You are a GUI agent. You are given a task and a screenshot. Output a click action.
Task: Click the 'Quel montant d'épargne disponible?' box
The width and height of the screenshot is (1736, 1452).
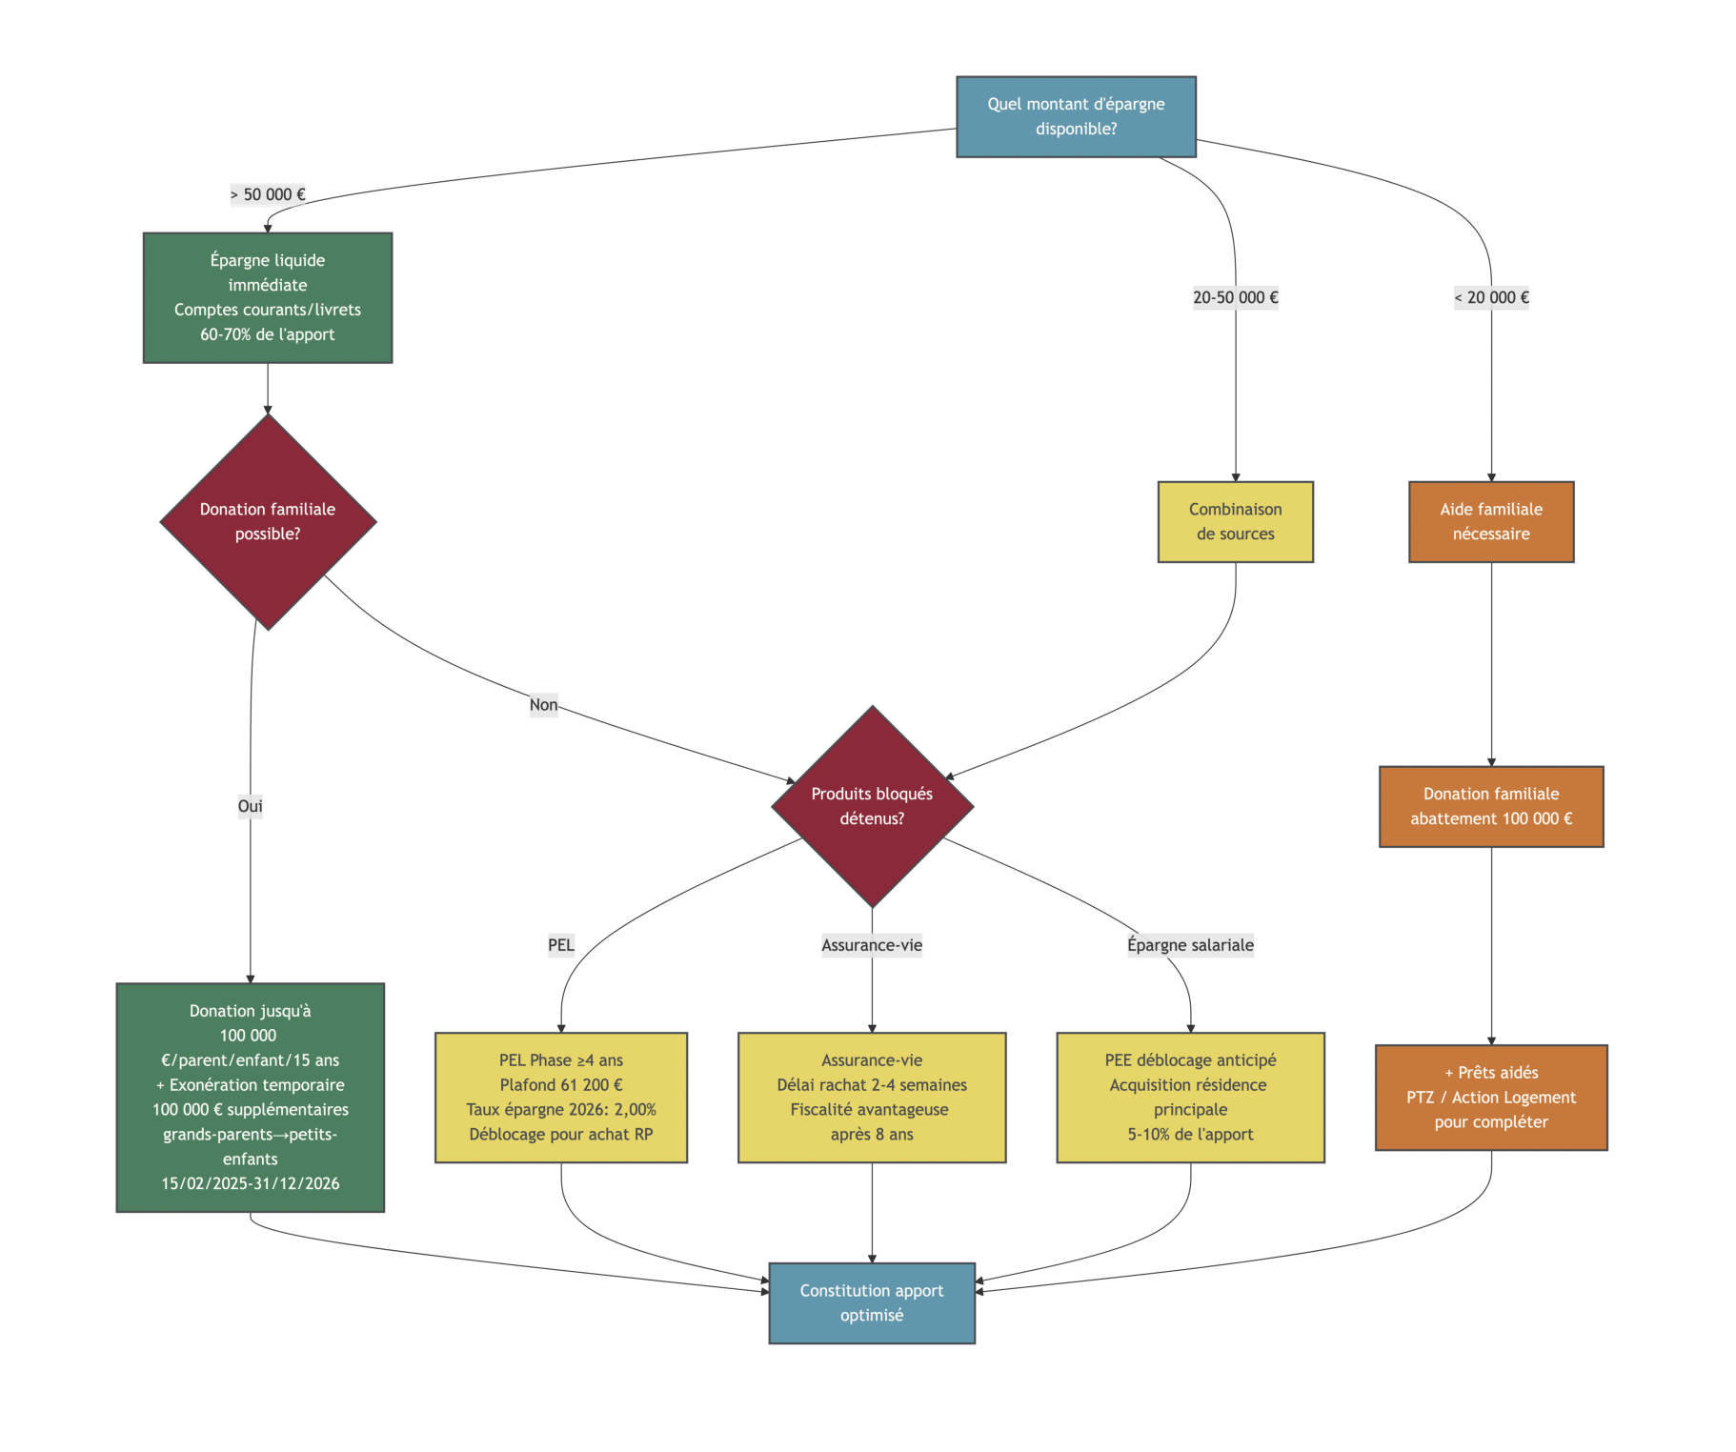[x=1076, y=116]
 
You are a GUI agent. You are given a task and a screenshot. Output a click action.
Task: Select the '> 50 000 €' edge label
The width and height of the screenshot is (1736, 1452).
[x=268, y=194]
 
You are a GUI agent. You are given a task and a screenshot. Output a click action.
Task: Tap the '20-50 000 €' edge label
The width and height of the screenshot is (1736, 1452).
[x=1235, y=297]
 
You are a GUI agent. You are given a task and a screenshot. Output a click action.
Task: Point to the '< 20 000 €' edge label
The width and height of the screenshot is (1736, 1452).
[x=1491, y=297]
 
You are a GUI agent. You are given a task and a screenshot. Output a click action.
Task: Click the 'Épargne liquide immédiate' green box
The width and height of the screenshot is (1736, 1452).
[x=268, y=297]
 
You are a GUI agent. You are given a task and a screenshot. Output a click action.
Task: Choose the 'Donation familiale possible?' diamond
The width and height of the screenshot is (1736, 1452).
[x=268, y=521]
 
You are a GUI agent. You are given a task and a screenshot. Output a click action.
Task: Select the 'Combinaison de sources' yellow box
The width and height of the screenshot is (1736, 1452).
[x=1235, y=521]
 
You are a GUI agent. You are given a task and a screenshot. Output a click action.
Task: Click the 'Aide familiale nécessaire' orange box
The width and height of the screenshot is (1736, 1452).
[x=1491, y=521]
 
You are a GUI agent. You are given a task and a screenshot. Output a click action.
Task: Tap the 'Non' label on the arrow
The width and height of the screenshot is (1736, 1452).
[x=543, y=705]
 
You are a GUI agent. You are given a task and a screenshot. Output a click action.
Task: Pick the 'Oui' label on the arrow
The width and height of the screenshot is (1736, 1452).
[x=250, y=806]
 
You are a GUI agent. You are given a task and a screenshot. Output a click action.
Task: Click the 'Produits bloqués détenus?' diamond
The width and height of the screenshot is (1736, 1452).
[x=872, y=806]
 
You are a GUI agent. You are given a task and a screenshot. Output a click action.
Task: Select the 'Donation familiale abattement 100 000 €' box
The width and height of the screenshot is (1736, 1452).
[x=1491, y=806]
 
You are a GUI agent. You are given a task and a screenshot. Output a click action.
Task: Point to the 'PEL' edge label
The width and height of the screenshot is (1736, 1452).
[x=560, y=945]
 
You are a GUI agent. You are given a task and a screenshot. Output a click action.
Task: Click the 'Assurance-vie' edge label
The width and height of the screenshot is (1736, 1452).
[x=872, y=945]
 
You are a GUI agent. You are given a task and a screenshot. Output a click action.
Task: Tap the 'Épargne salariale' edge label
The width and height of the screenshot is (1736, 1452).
[x=1190, y=945]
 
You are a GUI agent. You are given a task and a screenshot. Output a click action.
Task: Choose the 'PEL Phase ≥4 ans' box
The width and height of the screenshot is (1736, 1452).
[x=560, y=1097]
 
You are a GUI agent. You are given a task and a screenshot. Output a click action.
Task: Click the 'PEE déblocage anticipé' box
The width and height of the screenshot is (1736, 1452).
[x=1190, y=1097]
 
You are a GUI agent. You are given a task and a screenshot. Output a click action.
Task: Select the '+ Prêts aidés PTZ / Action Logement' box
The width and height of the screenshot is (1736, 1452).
[x=1491, y=1097]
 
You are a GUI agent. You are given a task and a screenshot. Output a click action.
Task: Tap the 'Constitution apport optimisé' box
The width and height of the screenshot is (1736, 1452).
[x=872, y=1302]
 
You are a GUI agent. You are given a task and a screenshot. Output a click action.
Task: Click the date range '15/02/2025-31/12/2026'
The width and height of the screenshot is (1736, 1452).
[x=250, y=1183]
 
